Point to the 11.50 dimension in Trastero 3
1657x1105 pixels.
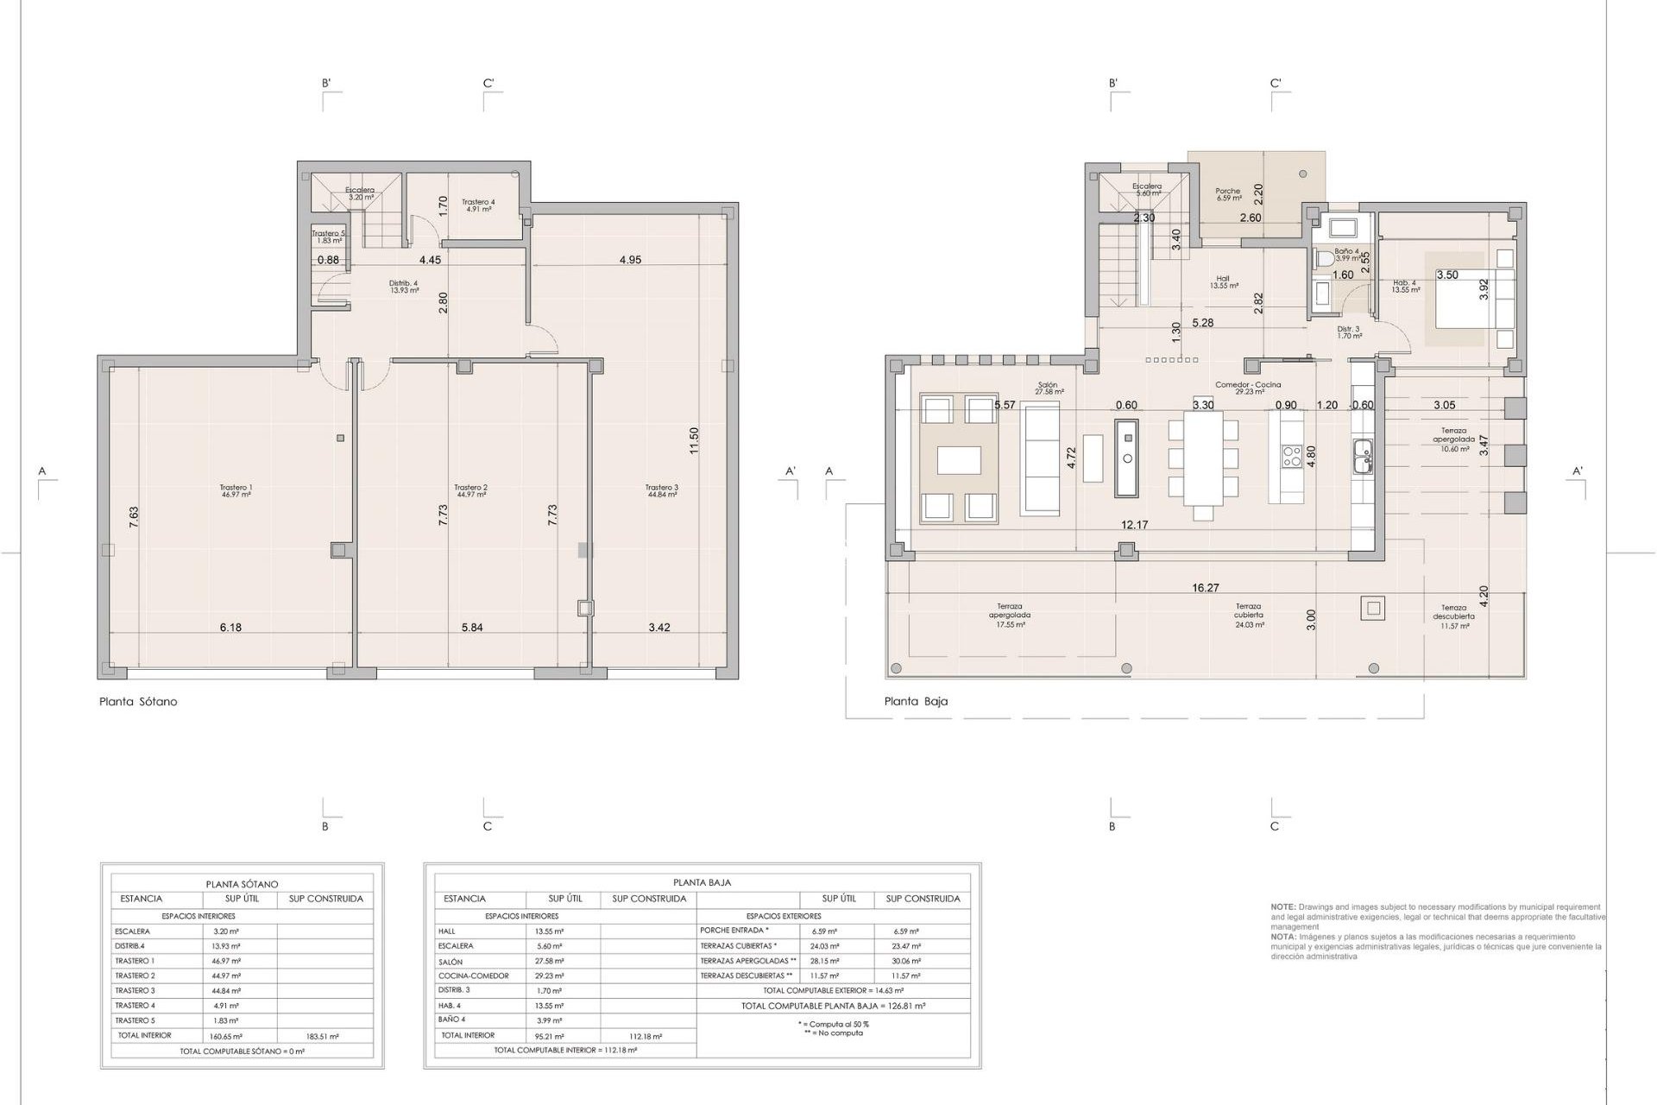[694, 440]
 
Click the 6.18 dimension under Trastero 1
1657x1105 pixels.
[230, 628]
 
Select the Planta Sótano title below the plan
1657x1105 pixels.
[138, 702]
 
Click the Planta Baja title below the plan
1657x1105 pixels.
[916, 702]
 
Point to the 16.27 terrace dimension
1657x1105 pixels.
[1206, 588]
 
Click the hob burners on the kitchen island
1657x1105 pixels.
[1292, 456]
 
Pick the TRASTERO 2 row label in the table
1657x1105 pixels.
[135, 976]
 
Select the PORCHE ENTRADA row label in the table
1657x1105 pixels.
[733, 931]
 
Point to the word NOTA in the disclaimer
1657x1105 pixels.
[1282, 937]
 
